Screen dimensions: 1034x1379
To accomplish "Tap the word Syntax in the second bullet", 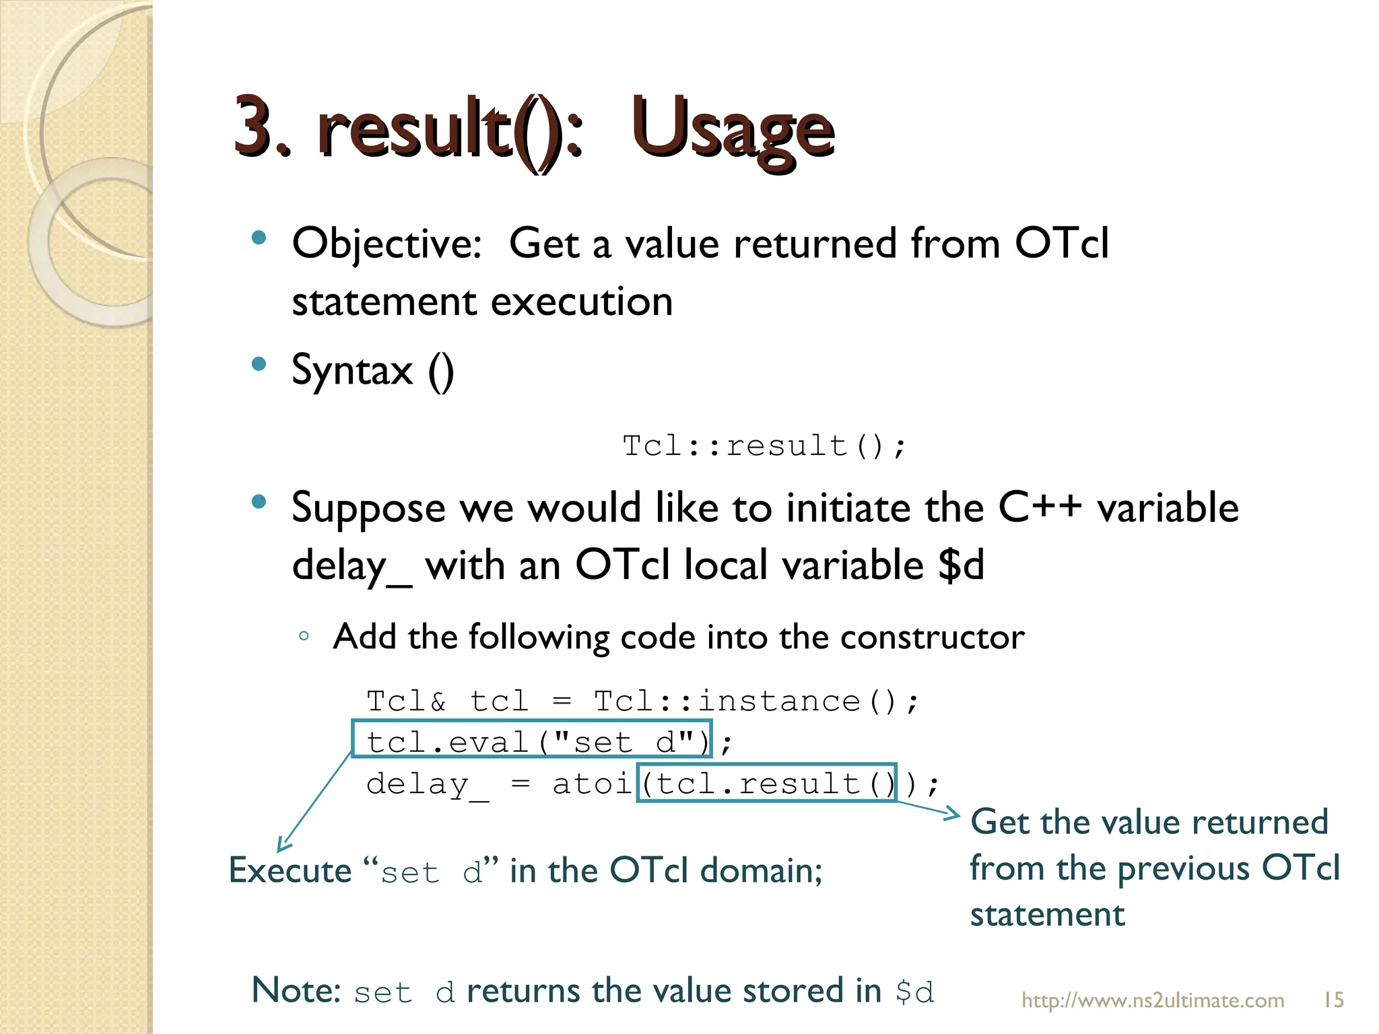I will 352,370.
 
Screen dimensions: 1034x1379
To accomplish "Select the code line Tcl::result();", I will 765,446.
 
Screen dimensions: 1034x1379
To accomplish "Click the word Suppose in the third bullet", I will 368,508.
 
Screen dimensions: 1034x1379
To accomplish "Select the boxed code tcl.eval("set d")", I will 531,743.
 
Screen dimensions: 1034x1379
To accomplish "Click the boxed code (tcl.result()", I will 766,784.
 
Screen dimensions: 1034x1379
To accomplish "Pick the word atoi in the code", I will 591,784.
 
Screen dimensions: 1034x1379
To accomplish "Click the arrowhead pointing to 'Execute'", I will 283,846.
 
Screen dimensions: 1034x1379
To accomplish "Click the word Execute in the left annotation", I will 290,871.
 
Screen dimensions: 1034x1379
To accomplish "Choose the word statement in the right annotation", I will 1047,915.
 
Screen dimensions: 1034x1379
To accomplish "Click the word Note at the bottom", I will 296,991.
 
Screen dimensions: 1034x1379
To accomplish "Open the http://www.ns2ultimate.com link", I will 1153,1000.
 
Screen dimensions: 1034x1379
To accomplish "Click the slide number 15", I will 1334,1000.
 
